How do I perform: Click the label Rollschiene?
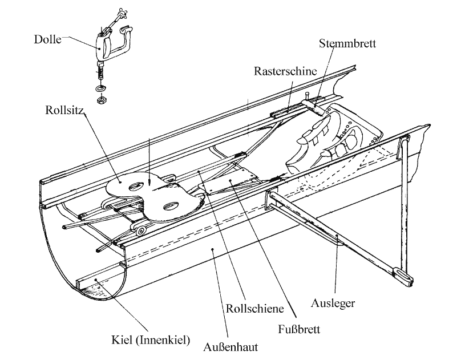(x=254, y=309)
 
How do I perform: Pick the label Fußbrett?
(x=299, y=329)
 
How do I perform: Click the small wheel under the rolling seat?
(x=140, y=230)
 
